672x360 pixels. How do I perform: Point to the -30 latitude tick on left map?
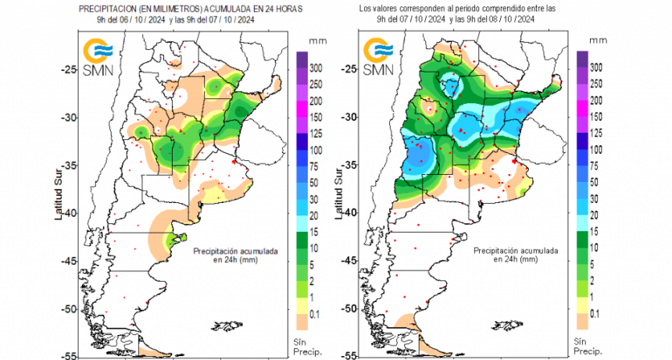click(69, 117)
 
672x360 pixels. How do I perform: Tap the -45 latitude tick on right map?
click(348, 260)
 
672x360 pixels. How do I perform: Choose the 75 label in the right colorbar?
click(596, 166)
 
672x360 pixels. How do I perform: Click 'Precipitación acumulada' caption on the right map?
click(515, 251)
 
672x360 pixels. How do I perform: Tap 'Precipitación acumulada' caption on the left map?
click(235, 251)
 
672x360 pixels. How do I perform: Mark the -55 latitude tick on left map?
click(69, 355)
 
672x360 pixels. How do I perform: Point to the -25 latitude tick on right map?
click(348, 70)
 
